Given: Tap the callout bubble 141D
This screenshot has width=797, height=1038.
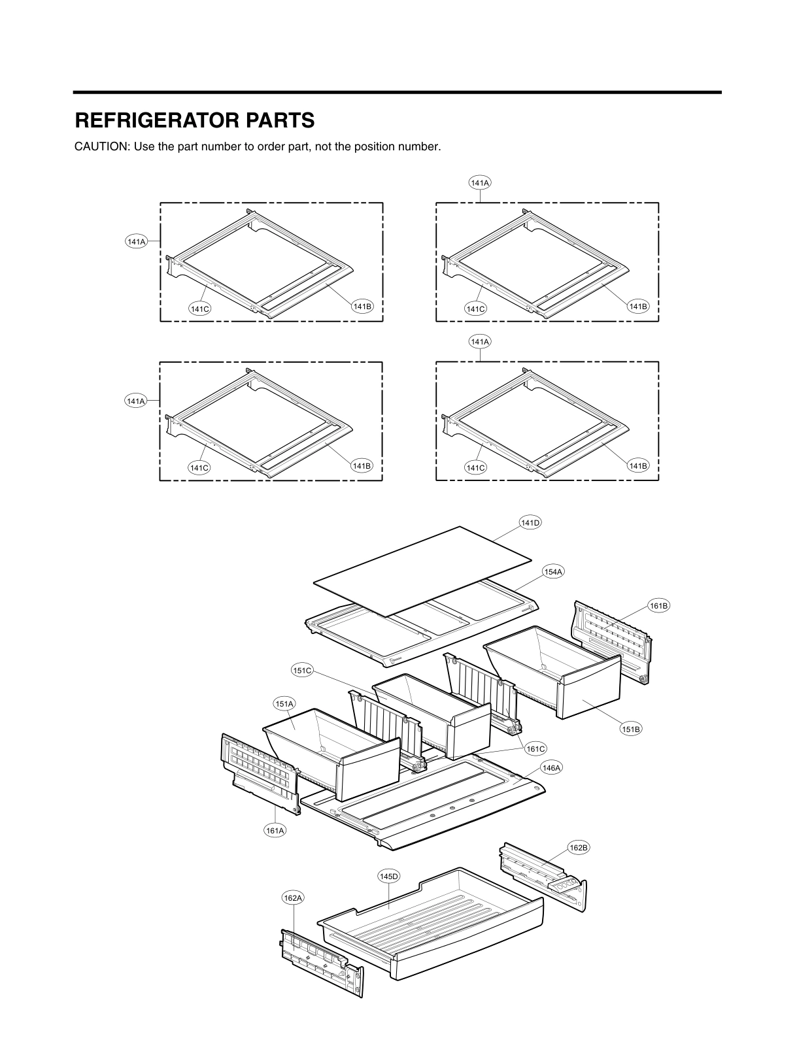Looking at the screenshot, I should [x=530, y=522].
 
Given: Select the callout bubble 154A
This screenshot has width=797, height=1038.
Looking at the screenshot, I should [x=552, y=572].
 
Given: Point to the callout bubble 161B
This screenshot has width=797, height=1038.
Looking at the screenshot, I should [x=659, y=606].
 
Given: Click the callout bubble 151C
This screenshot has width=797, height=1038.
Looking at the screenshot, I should [x=303, y=670].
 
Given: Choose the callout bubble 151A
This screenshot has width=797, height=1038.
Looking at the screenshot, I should [x=284, y=704].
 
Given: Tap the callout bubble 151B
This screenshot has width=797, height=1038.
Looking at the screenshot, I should [x=631, y=729].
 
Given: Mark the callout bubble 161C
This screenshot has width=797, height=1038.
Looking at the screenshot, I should [x=535, y=749].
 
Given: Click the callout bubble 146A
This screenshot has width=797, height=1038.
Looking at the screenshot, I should [x=551, y=768].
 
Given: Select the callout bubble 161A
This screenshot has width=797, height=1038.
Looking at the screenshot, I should [x=275, y=831].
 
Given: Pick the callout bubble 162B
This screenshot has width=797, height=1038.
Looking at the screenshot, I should [x=579, y=848].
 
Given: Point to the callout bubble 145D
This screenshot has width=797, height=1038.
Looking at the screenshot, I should [x=389, y=876].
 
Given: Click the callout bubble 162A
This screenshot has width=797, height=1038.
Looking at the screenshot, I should [x=293, y=898].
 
